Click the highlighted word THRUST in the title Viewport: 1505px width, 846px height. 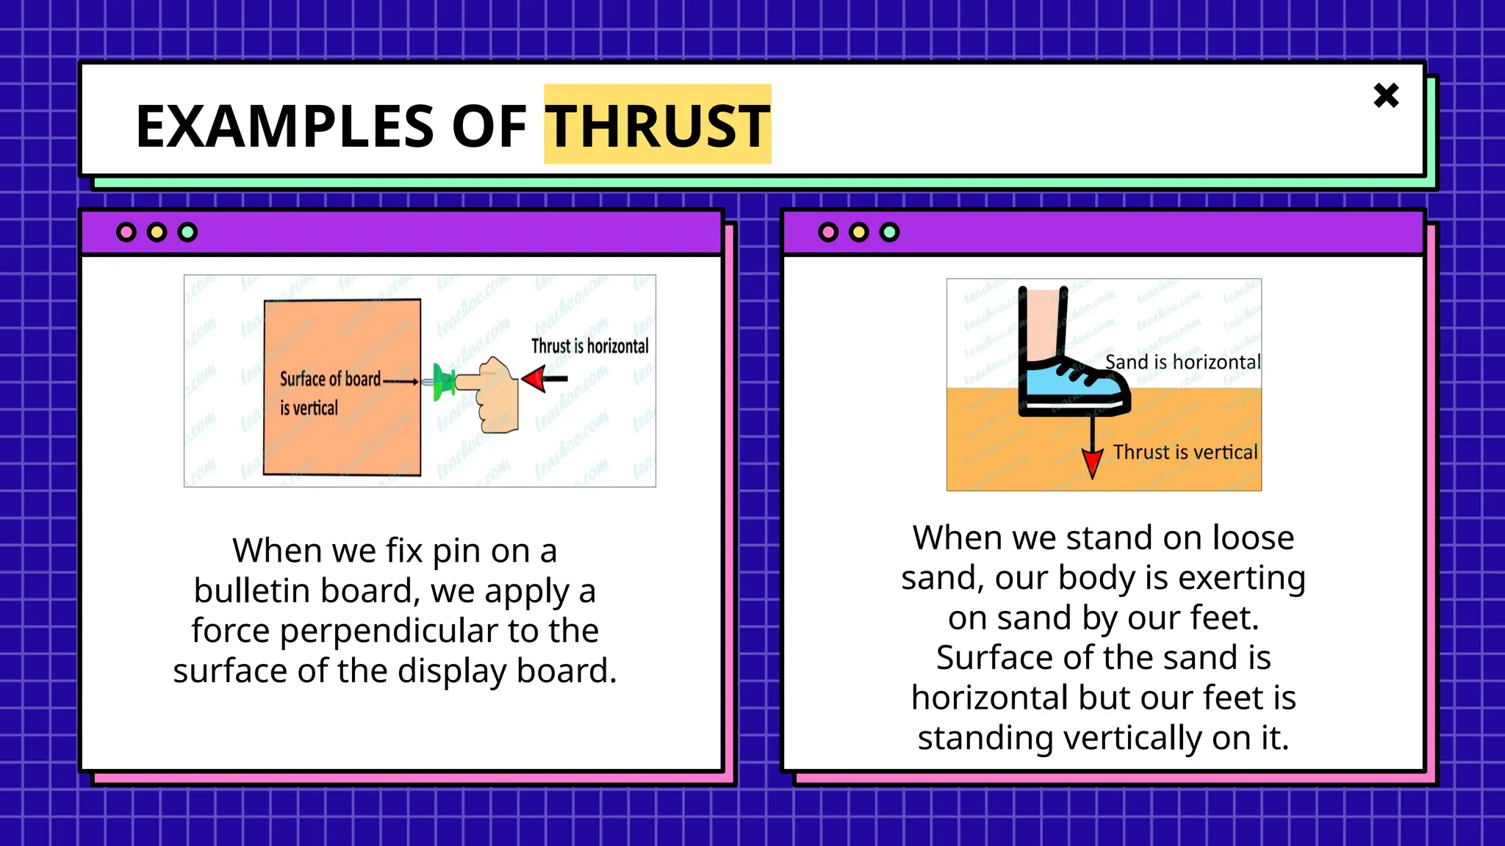(657, 126)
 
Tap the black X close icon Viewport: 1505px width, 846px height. (1386, 95)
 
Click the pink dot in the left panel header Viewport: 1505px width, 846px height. (126, 233)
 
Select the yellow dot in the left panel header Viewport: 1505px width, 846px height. (157, 233)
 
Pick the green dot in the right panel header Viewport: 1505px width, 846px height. (889, 233)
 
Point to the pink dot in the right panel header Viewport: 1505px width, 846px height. (828, 233)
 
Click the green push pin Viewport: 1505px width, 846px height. (443, 382)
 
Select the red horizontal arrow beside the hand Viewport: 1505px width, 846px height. (544, 379)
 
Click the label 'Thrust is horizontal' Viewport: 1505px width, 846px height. (589, 346)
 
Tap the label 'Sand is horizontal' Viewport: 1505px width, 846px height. (1182, 362)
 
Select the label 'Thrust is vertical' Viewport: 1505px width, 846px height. (1185, 452)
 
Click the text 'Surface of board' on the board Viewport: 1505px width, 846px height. (330, 379)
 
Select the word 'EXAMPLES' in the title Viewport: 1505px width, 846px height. (287, 126)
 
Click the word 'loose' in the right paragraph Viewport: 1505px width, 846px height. (1253, 538)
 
